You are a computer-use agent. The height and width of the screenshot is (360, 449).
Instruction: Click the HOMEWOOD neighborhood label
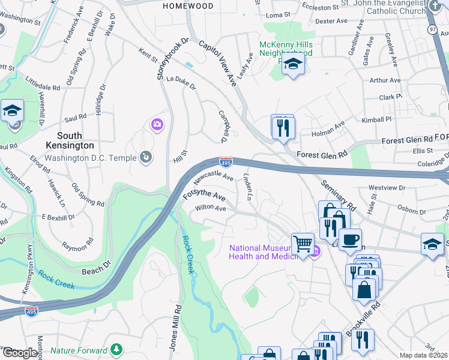coord(188,5)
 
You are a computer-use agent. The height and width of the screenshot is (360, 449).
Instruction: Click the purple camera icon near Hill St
coord(157,124)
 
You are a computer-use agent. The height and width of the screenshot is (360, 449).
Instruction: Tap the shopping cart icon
coord(303,244)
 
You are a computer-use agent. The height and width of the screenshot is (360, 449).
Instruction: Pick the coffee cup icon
coord(350,239)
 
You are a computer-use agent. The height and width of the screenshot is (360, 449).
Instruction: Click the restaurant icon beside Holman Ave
coord(283,128)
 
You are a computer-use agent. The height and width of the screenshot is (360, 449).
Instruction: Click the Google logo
coord(20,353)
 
